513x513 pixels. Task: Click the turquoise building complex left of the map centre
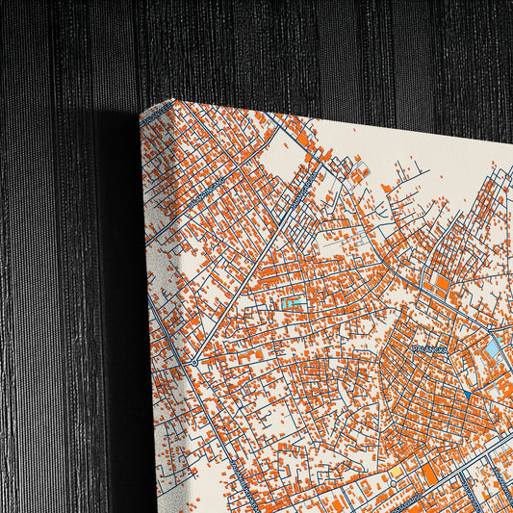pyautogui.click(x=293, y=305)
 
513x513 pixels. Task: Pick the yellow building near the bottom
pyautogui.click(x=395, y=472)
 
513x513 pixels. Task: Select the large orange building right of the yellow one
pyautogui.click(x=429, y=474)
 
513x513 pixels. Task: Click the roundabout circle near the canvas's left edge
pyautogui.click(x=193, y=362)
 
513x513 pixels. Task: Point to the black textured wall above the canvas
pyautogui.click(x=289, y=48)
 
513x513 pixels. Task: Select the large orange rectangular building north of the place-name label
pyautogui.click(x=443, y=285)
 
